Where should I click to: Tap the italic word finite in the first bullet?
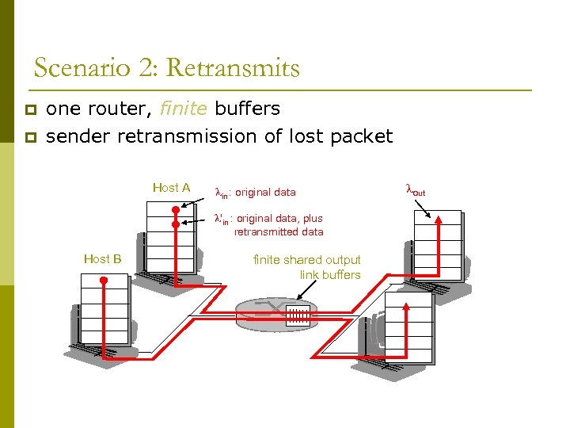coord(184,109)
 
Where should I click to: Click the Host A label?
coord(171,188)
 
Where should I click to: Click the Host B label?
coord(102,258)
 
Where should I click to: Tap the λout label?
coord(415,191)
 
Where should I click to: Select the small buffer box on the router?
coord(297,315)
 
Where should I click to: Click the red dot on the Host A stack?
coord(175,210)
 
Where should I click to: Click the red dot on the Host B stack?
coord(104,281)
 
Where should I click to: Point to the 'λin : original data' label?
coord(256,192)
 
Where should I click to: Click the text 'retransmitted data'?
coord(278,231)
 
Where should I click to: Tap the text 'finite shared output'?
coord(306,260)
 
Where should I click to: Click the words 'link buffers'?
coord(329,274)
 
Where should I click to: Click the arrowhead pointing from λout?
coord(431,216)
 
